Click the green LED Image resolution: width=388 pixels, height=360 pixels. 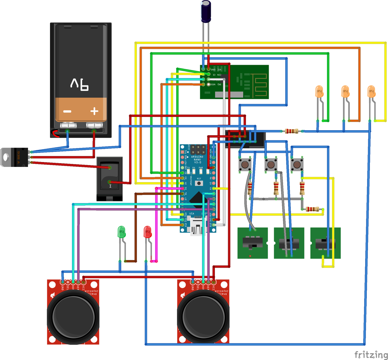pos(122,232)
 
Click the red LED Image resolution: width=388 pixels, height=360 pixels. pos(147,232)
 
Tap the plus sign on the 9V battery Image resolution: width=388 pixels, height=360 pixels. pos(94,111)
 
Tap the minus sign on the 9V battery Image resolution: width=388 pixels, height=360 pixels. pos(67,111)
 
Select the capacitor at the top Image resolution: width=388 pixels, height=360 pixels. pos(206,11)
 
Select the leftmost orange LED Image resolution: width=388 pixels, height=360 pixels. pos(319,92)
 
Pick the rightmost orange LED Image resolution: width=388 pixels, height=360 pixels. pos(371,92)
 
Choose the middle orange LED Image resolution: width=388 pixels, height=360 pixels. pos(345,92)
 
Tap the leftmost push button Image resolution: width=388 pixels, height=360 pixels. pos(245,165)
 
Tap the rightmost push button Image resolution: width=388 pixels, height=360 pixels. pos(297,165)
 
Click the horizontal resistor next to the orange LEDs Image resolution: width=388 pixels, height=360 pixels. pos(291,131)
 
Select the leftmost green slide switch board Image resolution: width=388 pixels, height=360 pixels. pos(252,243)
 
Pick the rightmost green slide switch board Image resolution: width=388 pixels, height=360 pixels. pos(325,243)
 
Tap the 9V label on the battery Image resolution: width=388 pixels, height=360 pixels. pos(80,84)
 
